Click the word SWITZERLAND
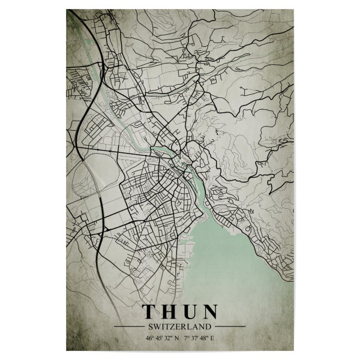tap(179, 326)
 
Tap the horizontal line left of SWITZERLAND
tap(128, 326)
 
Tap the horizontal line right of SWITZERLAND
tap(230, 326)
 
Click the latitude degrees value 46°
tap(148, 338)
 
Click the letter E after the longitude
tap(212, 338)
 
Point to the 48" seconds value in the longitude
tap(203, 338)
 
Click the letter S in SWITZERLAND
tap(148, 326)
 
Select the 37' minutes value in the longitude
tap(194, 338)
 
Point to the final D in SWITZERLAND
tap(210, 326)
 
